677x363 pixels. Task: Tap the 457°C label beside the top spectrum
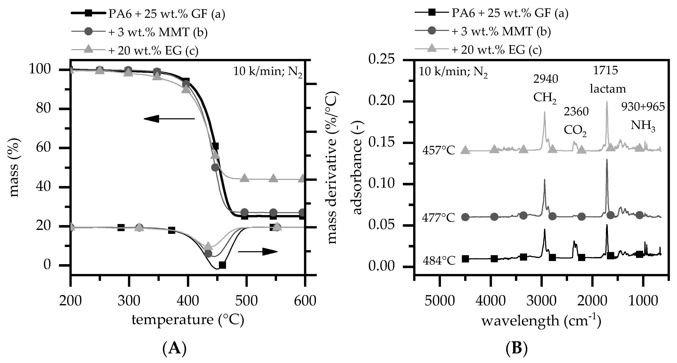pos(439,151)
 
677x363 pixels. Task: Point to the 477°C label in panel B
pos(438,218)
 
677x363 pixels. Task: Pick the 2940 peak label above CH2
pos(546,79)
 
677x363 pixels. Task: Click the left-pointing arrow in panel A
pos(169,119)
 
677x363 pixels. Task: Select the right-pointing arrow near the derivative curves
pos(258,252)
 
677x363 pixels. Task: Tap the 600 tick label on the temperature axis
pos(305,301)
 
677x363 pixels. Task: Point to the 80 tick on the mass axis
pos(43,108)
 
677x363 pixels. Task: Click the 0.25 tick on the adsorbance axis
pos(382,60)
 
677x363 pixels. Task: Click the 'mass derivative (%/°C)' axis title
pos(332,168)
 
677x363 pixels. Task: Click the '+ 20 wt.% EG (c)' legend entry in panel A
pos(153,50)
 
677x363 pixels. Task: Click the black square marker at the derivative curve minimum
pos(222,265)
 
